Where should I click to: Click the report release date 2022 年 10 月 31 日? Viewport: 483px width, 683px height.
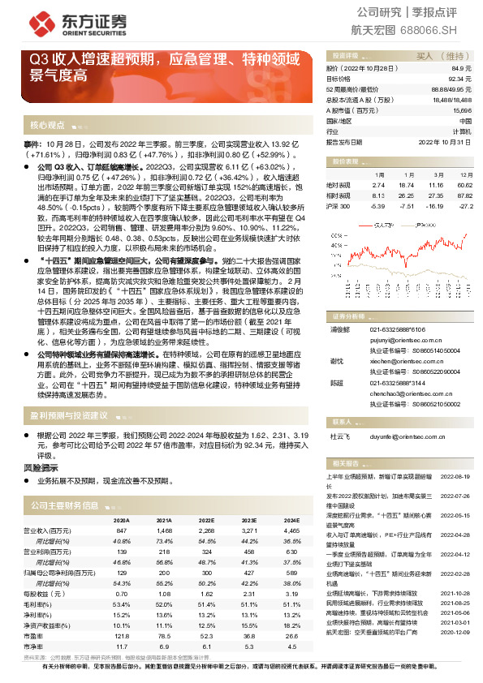point(443,141)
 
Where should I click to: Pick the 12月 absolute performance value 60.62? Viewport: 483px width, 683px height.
point(465,185)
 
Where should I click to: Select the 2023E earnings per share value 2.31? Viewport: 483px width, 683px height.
point(250,594)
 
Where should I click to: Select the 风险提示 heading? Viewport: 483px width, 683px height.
point(41,468)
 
